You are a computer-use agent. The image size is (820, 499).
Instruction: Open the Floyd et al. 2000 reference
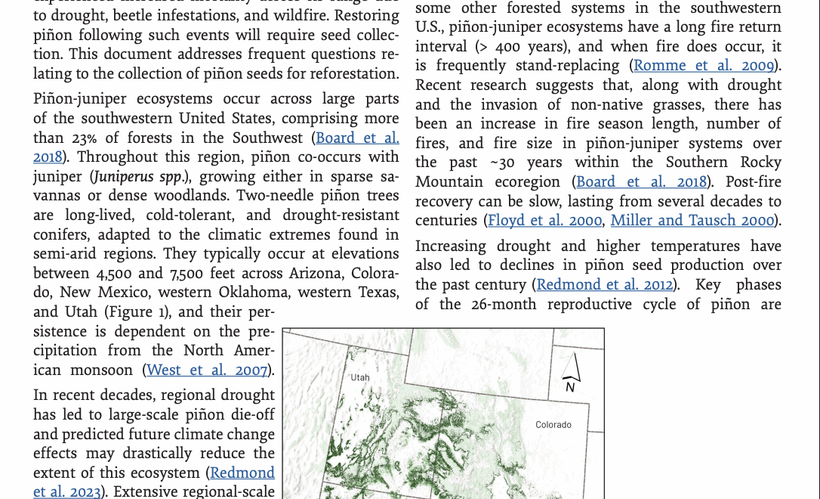[x=545, y=221]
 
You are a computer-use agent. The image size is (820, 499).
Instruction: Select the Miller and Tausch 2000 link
[x=692, y=221]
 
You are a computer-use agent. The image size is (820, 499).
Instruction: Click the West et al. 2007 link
[x=207, y=370]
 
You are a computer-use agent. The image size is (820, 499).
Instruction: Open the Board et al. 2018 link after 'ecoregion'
[x=642, y=182]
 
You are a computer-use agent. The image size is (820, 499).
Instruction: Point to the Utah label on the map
[x=360, y=377]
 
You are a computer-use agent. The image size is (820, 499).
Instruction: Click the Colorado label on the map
[x=553, y=425]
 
